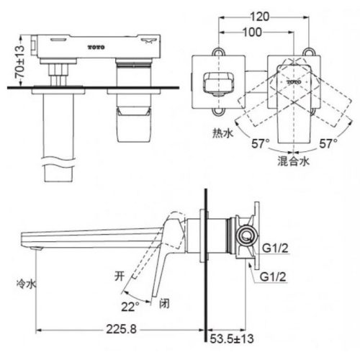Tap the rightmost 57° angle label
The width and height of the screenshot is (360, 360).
pos(329,144)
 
